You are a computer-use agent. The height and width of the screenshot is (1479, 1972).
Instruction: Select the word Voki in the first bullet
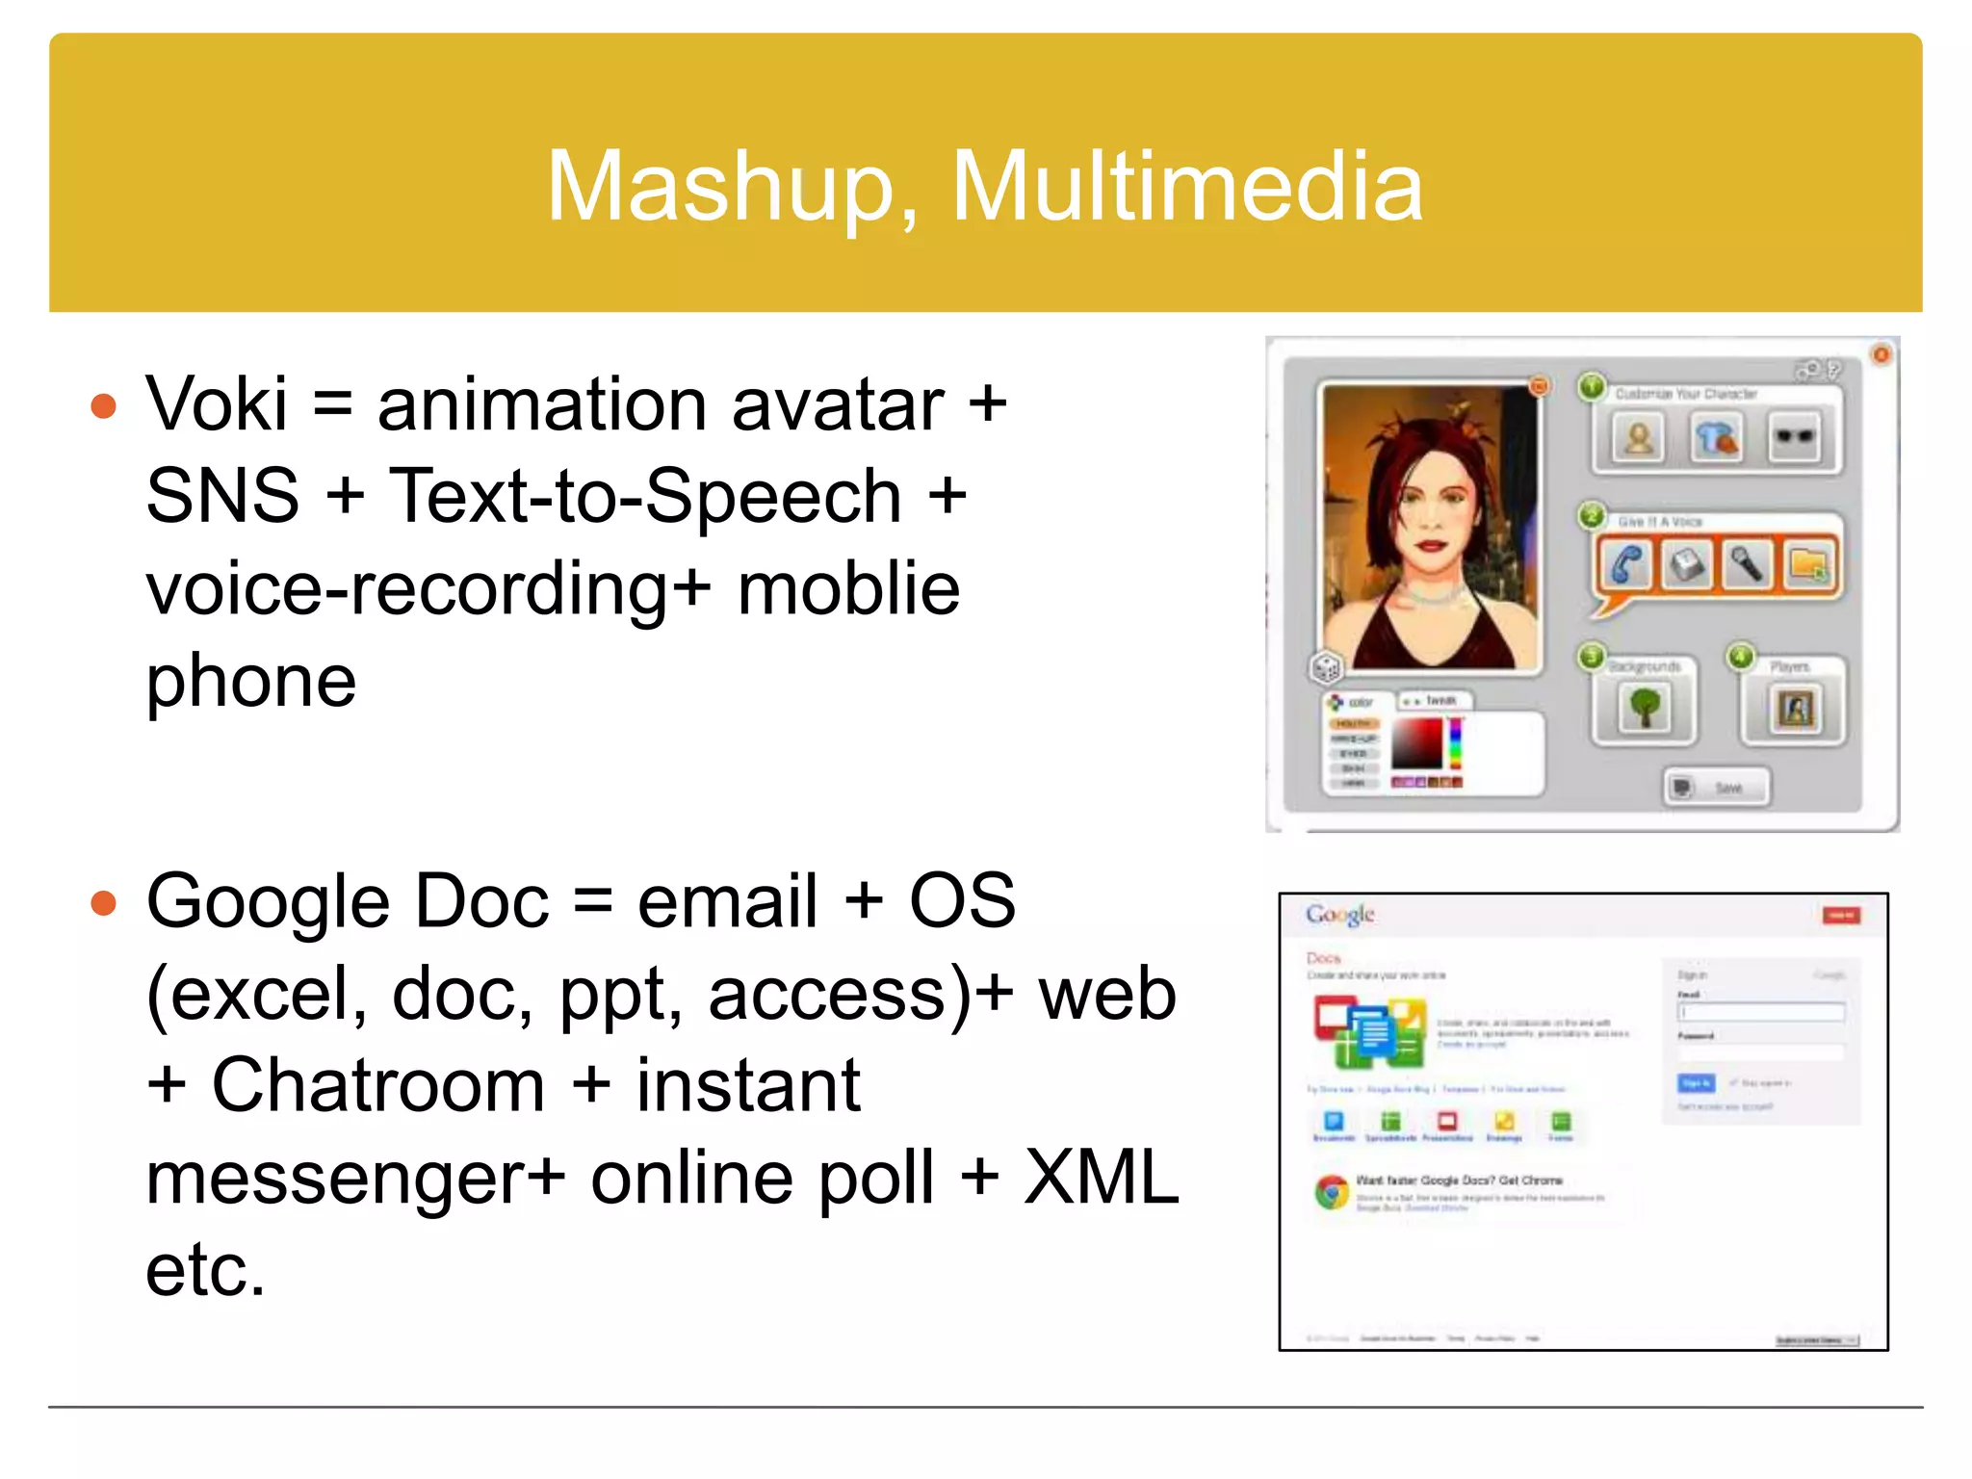click(x=217, y=404)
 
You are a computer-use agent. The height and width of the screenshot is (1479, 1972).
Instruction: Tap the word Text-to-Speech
click(x=645, y=497)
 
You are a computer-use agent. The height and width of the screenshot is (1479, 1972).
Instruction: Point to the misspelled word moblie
click(x=848, y=588)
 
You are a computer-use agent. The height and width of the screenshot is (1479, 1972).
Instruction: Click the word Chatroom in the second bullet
click(x=378, y=1085)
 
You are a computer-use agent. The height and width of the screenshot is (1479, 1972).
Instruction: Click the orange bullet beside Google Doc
click(x=103, y=903)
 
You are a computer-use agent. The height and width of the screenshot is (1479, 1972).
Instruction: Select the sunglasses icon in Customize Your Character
click(x=1794, y=438)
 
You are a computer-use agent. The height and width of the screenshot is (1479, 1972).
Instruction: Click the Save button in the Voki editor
click(x=1717, y=788)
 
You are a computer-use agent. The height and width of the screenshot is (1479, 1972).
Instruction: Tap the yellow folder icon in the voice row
click(x=1807, y=564)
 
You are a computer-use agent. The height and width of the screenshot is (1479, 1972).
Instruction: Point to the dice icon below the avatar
click(x=1327, y=666)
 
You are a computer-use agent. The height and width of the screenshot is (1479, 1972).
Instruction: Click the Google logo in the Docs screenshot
click(x=1339, y=915)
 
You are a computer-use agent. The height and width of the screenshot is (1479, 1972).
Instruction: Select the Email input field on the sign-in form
click(x=1761, y=1012)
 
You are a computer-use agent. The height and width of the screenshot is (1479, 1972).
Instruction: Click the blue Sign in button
click(x=1696, y=1083)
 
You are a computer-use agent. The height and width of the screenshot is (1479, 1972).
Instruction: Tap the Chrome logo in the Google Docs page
click(x=1333, y=1193)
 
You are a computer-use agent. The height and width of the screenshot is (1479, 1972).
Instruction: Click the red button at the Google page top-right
click(x=1841, y=915)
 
